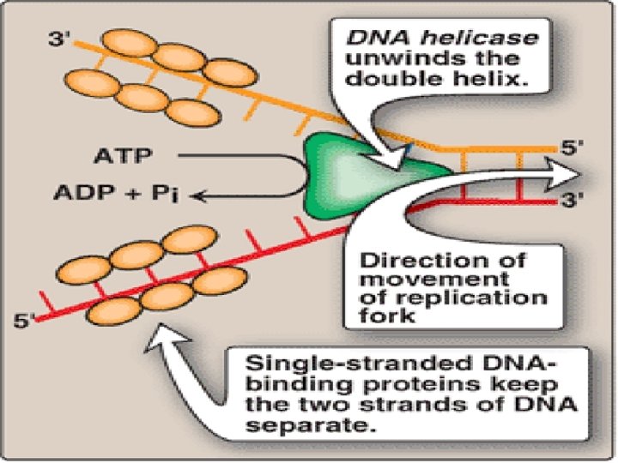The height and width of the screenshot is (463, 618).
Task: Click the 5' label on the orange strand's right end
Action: coord(573,147)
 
